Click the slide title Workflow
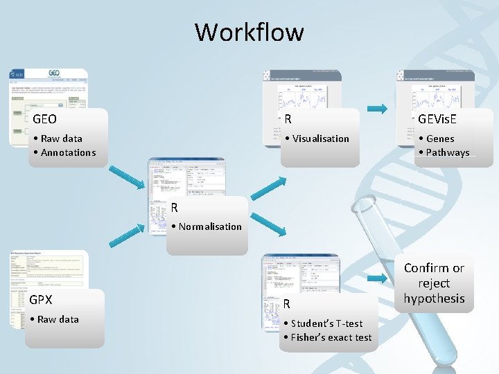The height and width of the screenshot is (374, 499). click(249, 32)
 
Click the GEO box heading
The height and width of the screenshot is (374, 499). click(45, 119)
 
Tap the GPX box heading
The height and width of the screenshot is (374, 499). click(41, 300)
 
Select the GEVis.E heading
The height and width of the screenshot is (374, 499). click(437, 119)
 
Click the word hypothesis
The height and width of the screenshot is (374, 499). click(434, 299)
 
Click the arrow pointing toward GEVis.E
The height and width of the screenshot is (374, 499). click(376, 108)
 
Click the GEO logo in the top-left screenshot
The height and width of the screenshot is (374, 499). click(54, 73)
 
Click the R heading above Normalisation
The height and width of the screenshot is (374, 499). click(175, 207)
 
